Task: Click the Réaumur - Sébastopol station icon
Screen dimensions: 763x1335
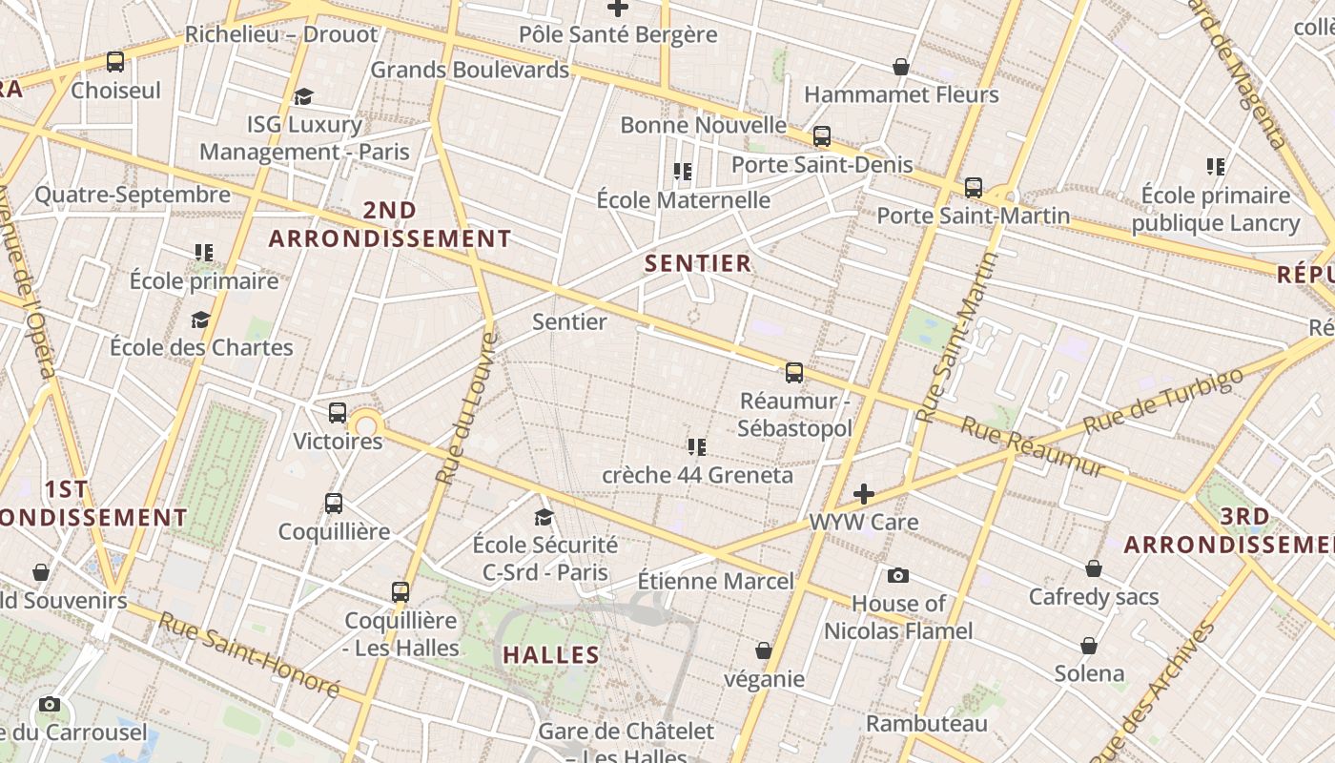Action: click(x=793, y=373)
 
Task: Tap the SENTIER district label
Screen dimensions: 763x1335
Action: click(x=698, y=263)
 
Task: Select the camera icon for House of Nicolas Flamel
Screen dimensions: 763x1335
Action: click(x=897, y=575)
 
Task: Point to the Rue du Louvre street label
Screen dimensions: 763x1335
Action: click(x=466, y=407)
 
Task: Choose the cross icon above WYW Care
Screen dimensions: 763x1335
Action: click(x=863, y=494)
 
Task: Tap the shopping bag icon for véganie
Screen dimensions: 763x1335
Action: click(x=763, y=650)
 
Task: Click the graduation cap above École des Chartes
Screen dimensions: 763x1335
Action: click(x=200, y=320)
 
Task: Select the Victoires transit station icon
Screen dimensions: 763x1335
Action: click(x=337, y=413)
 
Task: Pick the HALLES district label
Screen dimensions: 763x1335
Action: click(x=551, y=655)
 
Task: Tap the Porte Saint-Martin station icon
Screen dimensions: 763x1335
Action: click(x=973, y=188)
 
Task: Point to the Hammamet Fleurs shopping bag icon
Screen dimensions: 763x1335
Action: click(x=900, y=67)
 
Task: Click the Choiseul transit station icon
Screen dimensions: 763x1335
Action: click(x=115, y=62)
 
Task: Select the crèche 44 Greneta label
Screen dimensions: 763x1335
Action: click(x=697, y=475)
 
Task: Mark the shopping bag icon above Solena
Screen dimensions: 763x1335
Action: click(x=1089, y=645)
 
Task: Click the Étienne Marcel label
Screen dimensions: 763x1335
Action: click(x=715, y=581)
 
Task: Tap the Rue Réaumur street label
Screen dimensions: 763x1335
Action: click(x=1032, y=445)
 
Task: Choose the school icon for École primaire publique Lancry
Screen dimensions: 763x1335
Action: click(x=1215, y=167)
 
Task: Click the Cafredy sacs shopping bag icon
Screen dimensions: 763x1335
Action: click(x=1094, y=568)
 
